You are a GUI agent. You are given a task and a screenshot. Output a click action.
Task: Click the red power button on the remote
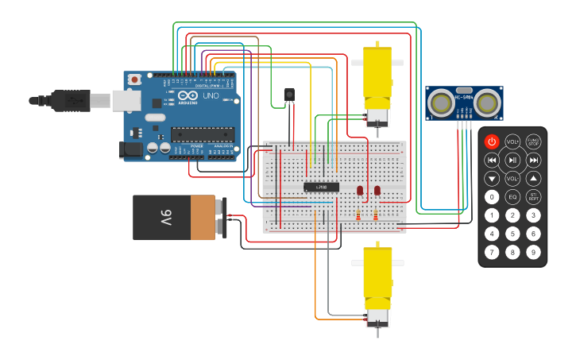coord(492,142)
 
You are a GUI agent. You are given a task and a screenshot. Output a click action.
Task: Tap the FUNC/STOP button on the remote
coord(533,142)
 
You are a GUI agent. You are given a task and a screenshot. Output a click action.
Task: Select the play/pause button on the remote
coord(512,160)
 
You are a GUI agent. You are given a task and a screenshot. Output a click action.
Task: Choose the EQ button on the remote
coord(512,196)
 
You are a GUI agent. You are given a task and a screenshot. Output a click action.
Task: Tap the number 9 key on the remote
coord(533,252)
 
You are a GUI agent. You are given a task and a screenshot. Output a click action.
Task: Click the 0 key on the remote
coord(492,196)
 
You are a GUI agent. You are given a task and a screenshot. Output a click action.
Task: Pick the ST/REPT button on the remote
coord(533,196)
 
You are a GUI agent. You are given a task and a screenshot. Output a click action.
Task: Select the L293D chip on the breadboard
coord(321,187)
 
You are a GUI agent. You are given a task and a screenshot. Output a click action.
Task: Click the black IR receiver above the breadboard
coord(289,95)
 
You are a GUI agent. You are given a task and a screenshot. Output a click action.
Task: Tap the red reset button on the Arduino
coord(135,79)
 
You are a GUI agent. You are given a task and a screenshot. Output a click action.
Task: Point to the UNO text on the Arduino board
coord(211,95)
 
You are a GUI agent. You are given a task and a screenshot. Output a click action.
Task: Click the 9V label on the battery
coord(166,217)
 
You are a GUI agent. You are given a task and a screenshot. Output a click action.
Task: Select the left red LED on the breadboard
coord(360,190)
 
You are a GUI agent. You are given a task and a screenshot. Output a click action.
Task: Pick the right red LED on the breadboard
coord(377,190)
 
